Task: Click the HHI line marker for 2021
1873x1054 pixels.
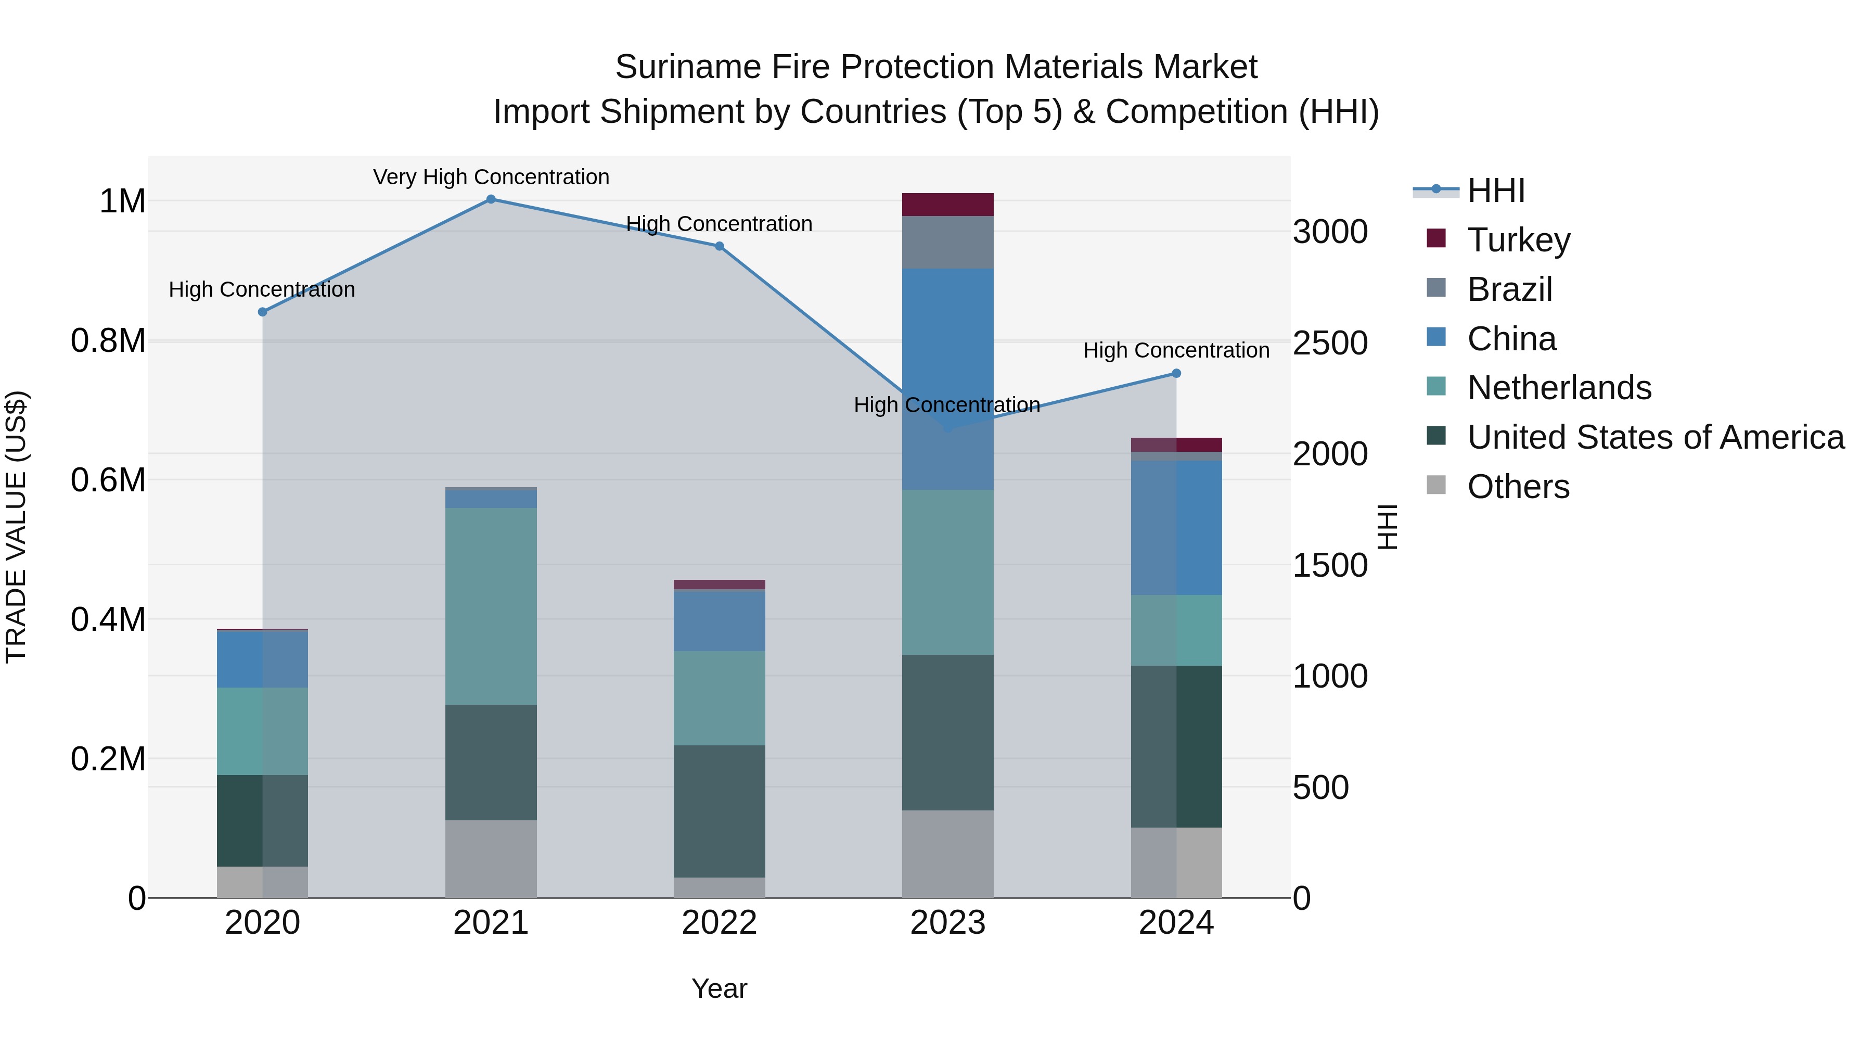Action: point(491,199)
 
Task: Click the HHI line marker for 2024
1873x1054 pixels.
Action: point(1176,373)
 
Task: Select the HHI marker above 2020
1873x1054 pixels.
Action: point(263,312)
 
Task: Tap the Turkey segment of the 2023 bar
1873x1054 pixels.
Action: point(947,205)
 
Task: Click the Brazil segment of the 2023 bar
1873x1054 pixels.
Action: point(947,242)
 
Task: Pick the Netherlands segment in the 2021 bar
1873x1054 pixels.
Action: point(491,606)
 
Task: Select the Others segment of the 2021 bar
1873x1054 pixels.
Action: point(491,859)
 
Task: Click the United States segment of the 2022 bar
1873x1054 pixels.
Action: point(719,811)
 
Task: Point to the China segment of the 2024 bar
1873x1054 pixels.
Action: point(1176,527)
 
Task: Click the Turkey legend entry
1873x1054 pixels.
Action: point(1518,240)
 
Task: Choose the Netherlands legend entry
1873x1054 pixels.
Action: point(1559,388)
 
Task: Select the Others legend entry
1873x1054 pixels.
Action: point(1518,487)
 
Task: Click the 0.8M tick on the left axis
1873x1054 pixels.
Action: point(108,341)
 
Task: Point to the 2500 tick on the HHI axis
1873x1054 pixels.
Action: point(1330,344)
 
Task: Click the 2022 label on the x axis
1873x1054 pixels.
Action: point(719,923)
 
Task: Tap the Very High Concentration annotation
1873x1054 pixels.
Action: point(491,177)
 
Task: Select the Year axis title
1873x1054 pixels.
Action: point(719,988)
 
